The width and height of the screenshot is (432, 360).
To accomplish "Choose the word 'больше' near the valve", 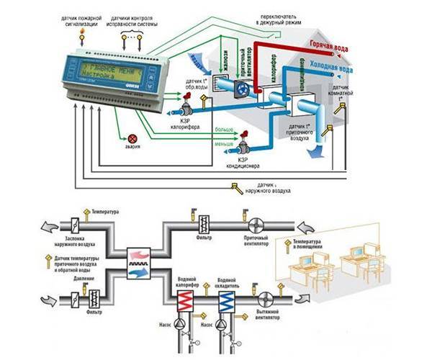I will point(225,130).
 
